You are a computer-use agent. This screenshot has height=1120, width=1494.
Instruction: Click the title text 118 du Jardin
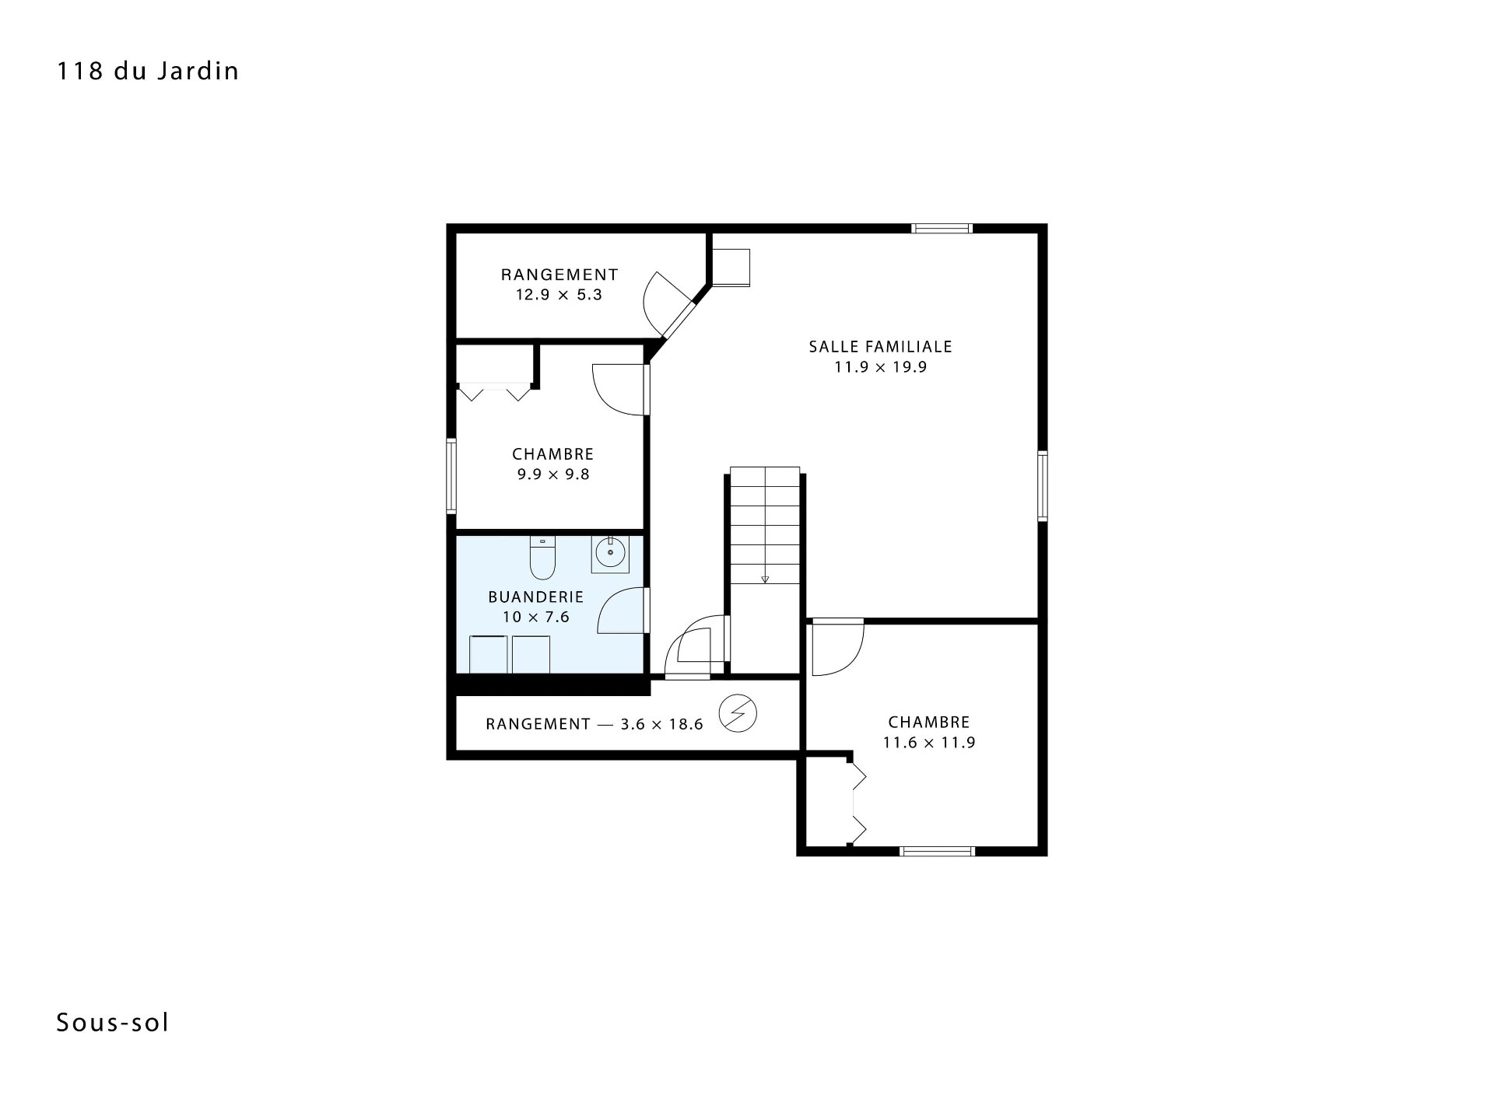(x=148, y=72)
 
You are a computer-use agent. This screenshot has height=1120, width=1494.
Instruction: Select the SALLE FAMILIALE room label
(x=881, y=347)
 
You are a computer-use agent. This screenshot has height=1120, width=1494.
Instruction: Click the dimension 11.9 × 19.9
(x=881, y=368)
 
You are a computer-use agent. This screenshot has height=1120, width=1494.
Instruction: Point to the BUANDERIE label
(x=536, y=597)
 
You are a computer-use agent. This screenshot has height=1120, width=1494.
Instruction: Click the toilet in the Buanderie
(x=542, y=558)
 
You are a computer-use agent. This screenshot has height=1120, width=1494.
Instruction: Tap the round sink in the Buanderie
(x=610, y=555)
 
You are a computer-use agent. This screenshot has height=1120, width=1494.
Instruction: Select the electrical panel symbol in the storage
(x=738, y=713)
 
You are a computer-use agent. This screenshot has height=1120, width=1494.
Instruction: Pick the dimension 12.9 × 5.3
(x=559, y=296)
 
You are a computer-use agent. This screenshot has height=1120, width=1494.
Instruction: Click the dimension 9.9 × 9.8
(x=553, y=474)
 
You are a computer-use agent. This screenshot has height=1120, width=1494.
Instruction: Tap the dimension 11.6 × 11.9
(x=929, y=743)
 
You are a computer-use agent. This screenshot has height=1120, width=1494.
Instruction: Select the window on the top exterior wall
(x=942, y=229)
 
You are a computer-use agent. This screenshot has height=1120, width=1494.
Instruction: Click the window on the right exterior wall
(x=1043, y=485)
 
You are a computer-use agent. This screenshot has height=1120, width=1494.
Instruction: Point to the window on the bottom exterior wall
(x=937, y=851)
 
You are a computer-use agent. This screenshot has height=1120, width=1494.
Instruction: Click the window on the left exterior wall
(x=451, y=476)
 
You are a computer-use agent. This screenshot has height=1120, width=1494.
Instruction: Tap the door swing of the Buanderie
(x=622, y=611)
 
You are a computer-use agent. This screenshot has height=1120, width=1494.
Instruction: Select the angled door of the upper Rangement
(x=668, y=307)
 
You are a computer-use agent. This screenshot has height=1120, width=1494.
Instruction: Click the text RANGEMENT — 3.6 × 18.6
(x=594, y=725)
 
